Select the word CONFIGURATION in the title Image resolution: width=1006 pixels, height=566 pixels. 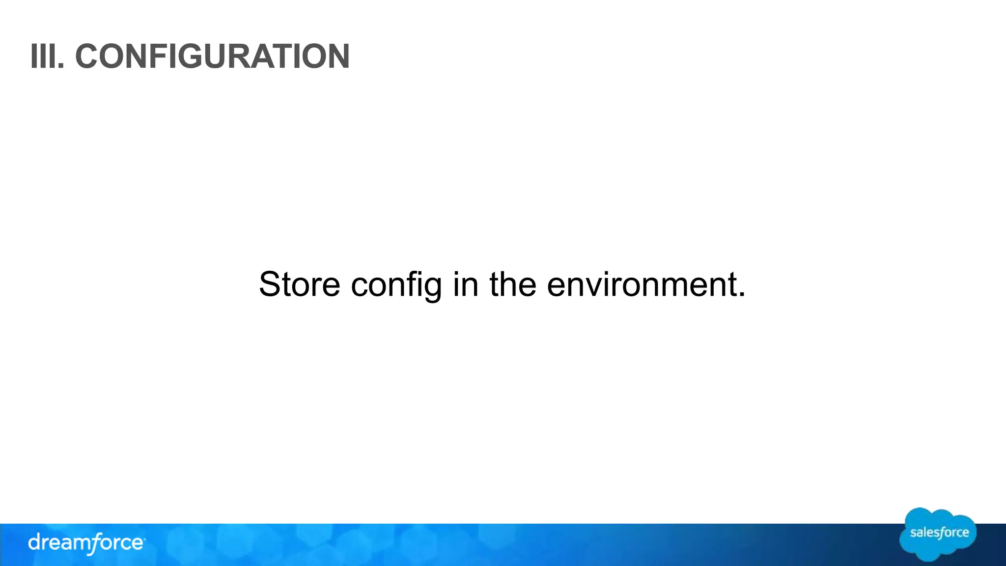212,57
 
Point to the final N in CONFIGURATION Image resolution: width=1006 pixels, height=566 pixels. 337,57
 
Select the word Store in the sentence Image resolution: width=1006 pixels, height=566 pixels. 299,284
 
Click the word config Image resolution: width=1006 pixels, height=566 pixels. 396,285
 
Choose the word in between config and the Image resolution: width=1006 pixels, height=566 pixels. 466,284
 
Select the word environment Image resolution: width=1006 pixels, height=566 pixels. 641,285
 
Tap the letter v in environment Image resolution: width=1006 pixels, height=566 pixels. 593,287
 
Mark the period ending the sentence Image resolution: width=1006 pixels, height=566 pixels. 741,295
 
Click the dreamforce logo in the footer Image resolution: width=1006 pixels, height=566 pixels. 86,543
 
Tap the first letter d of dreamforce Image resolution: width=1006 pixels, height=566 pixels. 34,543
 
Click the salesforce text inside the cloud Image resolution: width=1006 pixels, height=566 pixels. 939,533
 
